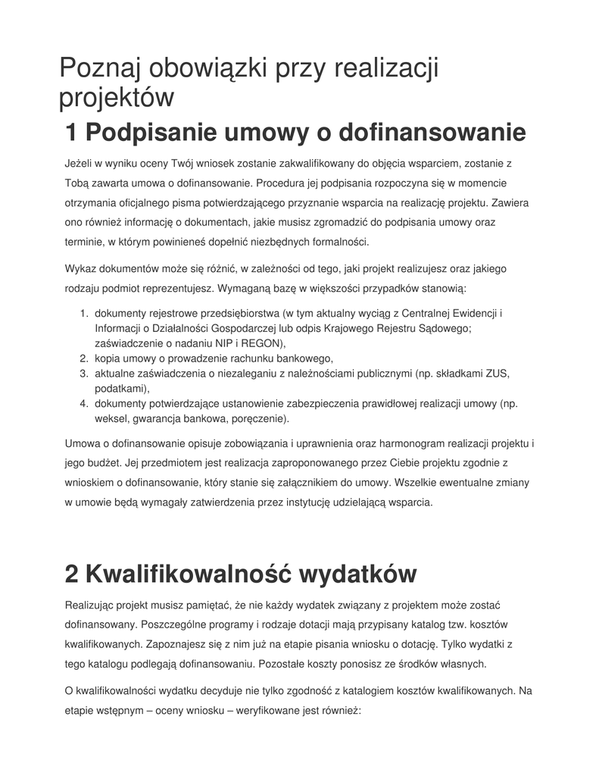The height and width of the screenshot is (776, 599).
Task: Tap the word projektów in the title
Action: [117, 99]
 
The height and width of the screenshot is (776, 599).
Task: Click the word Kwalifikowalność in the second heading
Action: [188, 574]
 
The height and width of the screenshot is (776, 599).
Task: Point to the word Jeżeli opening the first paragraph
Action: [82, 163]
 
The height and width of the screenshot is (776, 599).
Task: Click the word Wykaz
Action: [80, 269]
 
